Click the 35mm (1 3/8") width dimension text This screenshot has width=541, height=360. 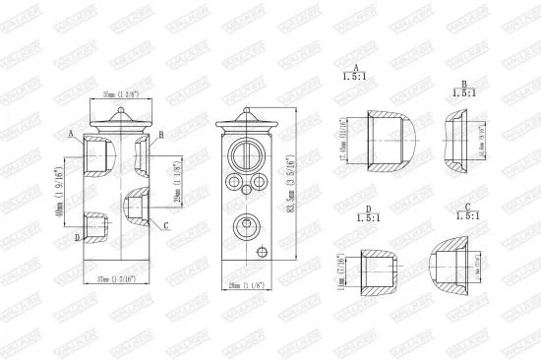(115, 95)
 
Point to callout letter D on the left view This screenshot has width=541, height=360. (76, 238)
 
